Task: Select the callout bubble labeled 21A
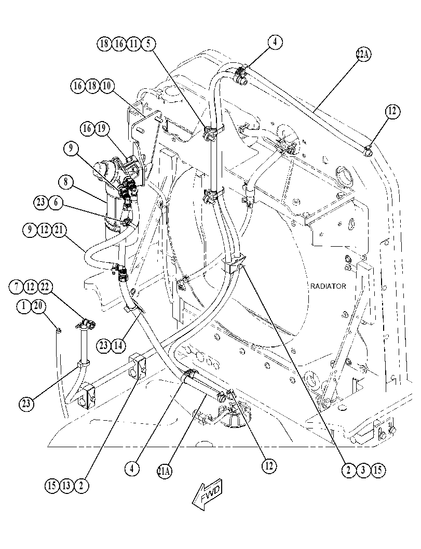(x=165, y=472)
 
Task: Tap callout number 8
(x=66, y=182)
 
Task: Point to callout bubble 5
(x=148, y=44)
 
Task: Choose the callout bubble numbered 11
(x=134, y=44)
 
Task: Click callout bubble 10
(x=107, y=86)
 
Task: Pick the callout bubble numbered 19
(x=101, y=129)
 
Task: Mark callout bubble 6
(x=56, y=203)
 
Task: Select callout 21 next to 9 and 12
(x=59, y=230)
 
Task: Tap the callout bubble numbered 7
(x=16, y=287)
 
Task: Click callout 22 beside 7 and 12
(x=45, y=287)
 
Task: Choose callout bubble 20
(x=38, y=306)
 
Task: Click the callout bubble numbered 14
(x=118, y=345)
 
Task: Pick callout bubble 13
(x=66, y=486)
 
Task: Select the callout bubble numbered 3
(x=363, y=470)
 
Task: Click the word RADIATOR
(x=328, y=286)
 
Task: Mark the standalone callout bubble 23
(x=26, y=404)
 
